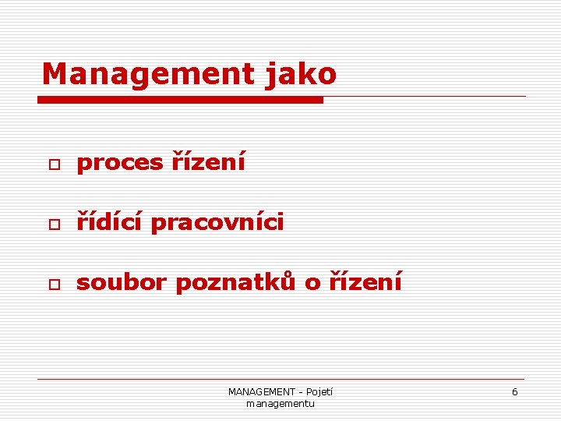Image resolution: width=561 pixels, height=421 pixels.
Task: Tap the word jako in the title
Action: [x=301, y=74]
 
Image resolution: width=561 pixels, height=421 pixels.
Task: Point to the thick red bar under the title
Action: [x=181, y=100]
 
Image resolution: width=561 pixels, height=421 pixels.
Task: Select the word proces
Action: [x=119, y=163]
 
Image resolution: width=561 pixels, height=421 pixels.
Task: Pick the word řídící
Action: [x=109, y=223]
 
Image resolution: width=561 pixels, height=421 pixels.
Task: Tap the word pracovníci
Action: [x=217, y=223]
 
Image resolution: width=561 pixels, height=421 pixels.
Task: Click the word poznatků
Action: [x=235, y=282]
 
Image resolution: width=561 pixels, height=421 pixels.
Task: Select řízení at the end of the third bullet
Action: [x=365, y=282]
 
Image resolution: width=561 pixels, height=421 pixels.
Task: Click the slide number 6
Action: [x=514, y=392]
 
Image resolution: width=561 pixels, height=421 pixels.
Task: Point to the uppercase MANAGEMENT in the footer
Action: [x=261, y=392]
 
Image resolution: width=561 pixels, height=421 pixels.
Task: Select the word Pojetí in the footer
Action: [x=319, y=392]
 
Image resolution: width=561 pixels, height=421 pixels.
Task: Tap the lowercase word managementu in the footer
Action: [x=280, y=404]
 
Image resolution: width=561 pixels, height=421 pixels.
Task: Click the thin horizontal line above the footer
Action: [x=280, y=380]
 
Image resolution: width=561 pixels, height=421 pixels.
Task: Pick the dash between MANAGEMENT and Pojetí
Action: [x=301, y=392]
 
